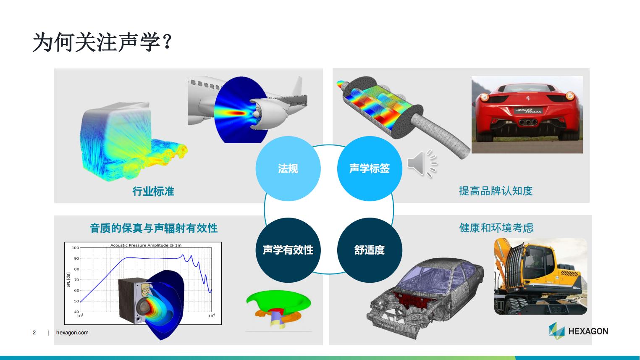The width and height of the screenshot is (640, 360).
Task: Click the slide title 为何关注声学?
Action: click(x=102, y=42)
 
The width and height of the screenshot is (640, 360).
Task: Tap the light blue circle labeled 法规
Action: click(x=288, y=168)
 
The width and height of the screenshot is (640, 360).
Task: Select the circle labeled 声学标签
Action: click(x=370, y=168)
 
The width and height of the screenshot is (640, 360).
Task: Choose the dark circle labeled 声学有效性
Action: click(x=288, y=250)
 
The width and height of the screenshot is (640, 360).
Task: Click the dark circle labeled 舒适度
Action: click(x=370, y=250)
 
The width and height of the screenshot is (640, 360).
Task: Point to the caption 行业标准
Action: click(x=153, y=191)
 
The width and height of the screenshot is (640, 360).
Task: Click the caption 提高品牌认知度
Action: click(x=496, y=191)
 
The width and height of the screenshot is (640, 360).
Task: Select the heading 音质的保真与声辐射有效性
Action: click(x=154, y=228)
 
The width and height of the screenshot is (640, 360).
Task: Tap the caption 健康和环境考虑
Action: click(x=496, y=228)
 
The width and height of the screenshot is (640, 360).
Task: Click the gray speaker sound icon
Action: click(x=422, y=163)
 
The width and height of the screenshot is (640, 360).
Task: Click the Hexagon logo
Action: click(x=578, y=331)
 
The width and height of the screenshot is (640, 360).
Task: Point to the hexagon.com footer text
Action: click(x=72, y=333)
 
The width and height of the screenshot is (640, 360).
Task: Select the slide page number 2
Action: click(x=34, y=333)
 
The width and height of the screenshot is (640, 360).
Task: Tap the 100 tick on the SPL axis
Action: click(x=75, y=248)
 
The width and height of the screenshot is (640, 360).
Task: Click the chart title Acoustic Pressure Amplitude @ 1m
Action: click(x=146, y=245)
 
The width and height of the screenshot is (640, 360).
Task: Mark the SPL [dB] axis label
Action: click(x=68, y=280)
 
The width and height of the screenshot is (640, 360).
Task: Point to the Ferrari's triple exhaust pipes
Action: click(x=528, y=122)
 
